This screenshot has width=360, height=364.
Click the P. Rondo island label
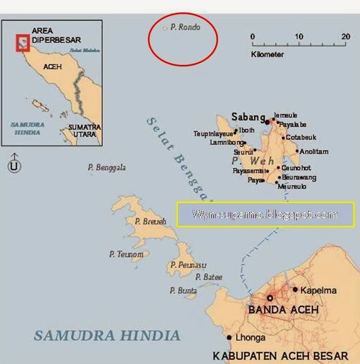tap(185, 27)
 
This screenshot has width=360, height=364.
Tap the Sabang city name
tap(248, 117)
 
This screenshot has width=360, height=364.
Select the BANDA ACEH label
tap(283, 310)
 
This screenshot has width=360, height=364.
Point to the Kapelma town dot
tap(295, 289)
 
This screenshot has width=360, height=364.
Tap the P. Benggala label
tap(107, 168)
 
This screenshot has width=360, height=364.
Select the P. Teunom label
tap(126, 255)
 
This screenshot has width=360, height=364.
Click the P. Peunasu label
tap(188, 265)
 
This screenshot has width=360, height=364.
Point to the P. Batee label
tap(208, 277)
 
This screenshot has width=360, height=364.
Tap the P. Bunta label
tap(183, 291)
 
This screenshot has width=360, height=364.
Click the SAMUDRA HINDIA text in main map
tap(107, 336)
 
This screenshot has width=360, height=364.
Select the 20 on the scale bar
tap(346, 37)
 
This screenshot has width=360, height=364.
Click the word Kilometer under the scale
tap(267, 55)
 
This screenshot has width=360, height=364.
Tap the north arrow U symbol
tap(14, 166)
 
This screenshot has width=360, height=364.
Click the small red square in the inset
tap(22, 41)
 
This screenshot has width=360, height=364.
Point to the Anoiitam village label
tap(314, 152)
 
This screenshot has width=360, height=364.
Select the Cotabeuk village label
tap(301, 137)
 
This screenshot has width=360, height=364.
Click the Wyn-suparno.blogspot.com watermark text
tap(265, 214)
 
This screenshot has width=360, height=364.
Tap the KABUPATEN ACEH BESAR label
tap(280, 355)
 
